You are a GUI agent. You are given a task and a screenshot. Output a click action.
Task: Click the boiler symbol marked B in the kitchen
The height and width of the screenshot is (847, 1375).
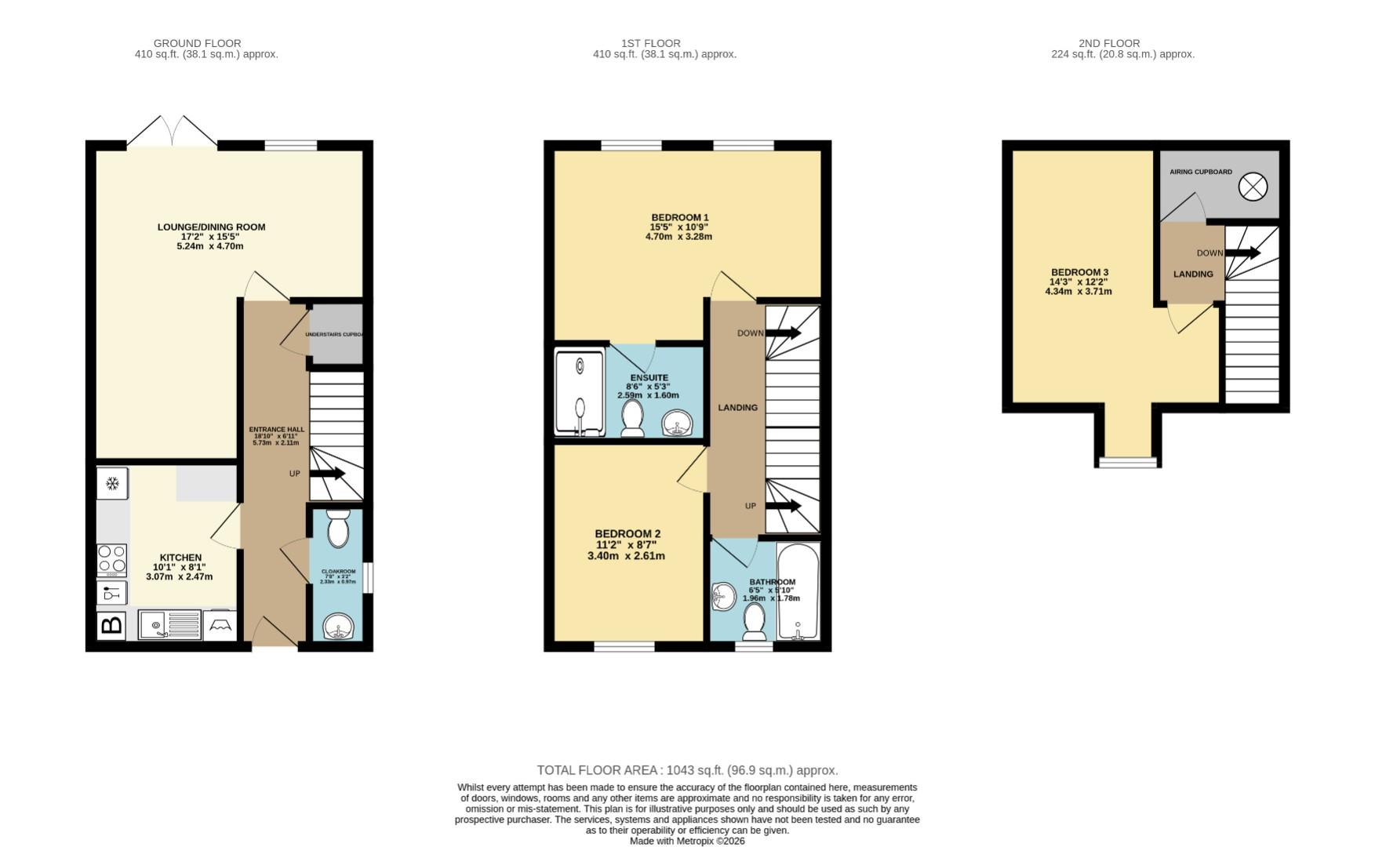pyautogui.click(x=112, y=625)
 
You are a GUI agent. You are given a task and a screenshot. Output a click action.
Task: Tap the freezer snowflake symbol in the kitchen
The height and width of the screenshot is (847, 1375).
pyautogui.click(x=112, y=483)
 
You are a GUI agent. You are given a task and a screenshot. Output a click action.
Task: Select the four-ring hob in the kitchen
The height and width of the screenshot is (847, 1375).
pyautogui.click(x=112, y=560)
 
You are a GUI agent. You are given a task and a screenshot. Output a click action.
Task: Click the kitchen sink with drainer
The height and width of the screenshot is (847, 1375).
pyautogui.click(x=169, y=625)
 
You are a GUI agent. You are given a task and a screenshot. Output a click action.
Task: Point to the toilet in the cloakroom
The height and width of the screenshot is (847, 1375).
pyautogui.click(x=338, y=528)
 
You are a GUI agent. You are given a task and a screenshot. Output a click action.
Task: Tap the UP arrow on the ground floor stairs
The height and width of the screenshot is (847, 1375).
pyautogui.click(x=328, y=474)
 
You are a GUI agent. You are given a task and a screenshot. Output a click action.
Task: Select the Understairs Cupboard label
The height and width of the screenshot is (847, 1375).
pyautogui.click(x=335, y=335)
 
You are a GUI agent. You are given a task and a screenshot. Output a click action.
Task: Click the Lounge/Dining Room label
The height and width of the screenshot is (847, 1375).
pyautogui.click(x=211, y=227)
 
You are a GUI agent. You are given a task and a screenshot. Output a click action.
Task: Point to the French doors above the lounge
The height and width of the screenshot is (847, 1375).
pyautogui.click(x=172, y=132)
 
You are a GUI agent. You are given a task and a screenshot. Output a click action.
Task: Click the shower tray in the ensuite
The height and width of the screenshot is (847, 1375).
pyautogui.click(x=580, y=393)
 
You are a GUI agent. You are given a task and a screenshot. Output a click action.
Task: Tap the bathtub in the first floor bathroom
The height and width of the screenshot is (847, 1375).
pyautogui.click(x=798, y=592)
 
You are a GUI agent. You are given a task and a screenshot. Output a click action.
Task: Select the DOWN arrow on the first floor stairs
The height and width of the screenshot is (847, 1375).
pyautogui.click(x=783, y=333)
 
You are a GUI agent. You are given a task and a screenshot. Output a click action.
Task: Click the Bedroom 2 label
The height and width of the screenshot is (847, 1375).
pyautogui.click(x=627, y=534)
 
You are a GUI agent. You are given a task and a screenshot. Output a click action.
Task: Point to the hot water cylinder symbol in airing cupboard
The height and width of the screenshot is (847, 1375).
pyautogui.click(x=1253, y=187)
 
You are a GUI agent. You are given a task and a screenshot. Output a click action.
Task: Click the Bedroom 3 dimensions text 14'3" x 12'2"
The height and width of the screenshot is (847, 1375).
pyautogui.click(x=1079, y=282)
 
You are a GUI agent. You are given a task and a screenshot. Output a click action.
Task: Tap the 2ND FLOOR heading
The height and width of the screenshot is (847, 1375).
pyautogui.click(x=1109, y=43)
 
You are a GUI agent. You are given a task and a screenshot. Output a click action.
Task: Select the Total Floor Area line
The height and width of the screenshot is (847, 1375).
pyautogui.click(x=687, y=770)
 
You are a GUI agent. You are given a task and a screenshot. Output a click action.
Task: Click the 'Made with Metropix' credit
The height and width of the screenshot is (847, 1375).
pyautogui.click(x=687, y=841)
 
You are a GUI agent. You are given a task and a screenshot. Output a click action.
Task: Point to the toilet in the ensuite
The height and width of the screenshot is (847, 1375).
pyautogui.click(x=632, y=419)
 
